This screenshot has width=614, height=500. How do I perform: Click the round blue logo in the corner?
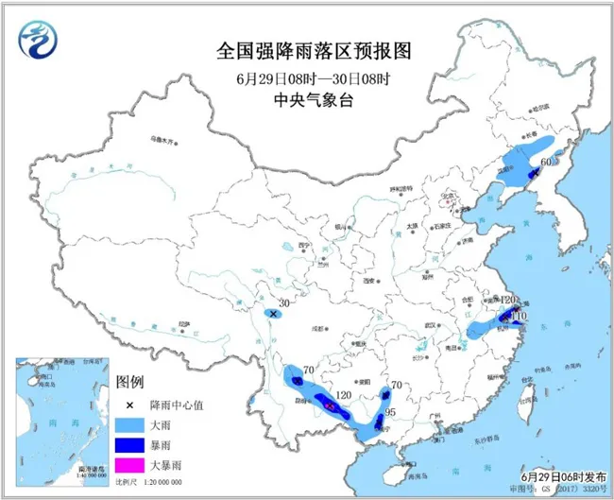pyautogui.click(x=38, y=41)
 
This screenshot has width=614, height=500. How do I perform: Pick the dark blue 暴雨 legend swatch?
pyautogui.click(x=134, y=444)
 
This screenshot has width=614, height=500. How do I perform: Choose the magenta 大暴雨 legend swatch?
pyautogui.click(x=134, y=465)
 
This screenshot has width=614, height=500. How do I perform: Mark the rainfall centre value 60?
pyautogui.click(x=545, y=162)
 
